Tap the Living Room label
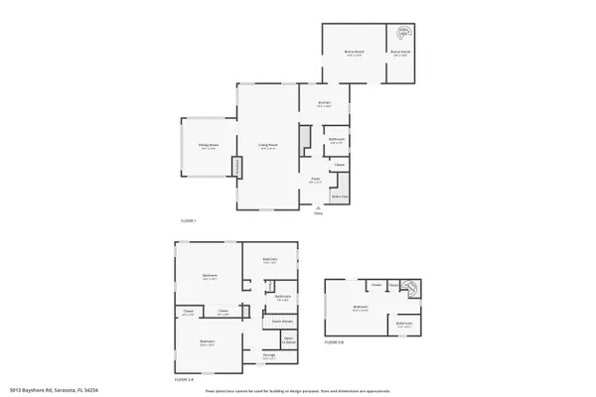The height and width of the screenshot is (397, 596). (x=268, y=146)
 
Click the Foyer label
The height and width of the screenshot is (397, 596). (x=315, y=181)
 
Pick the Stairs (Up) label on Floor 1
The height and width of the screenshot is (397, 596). (x=340, y=197)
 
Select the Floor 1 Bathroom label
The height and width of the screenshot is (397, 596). (x=336, y=141)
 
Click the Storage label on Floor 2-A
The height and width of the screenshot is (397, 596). (x=269, y=355)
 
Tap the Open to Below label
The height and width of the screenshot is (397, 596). (x=288, y=339)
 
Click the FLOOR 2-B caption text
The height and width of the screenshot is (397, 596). (x=334, y=342)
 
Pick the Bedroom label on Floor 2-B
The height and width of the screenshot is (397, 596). (x=361, y=307)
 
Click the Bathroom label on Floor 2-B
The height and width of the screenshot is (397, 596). (x=404, y=324)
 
